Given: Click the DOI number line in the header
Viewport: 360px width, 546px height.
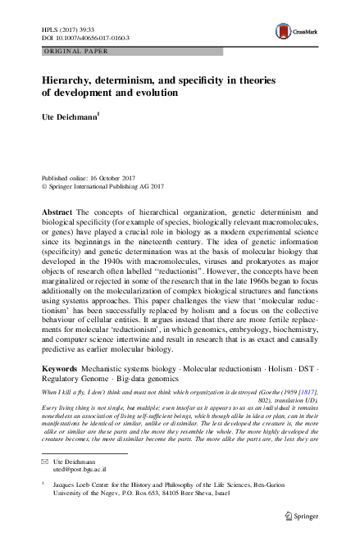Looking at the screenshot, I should click(x=85, y=38).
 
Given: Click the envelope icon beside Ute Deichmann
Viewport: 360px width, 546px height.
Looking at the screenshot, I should click(x=44, y=463).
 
